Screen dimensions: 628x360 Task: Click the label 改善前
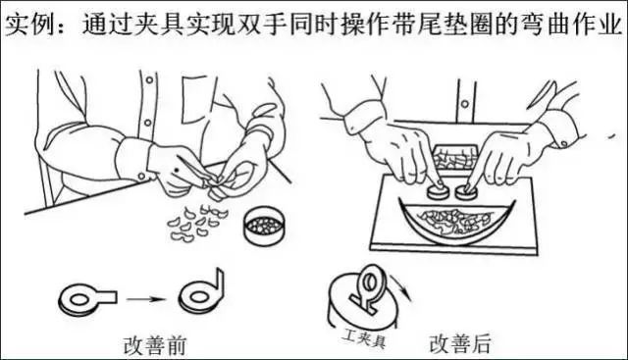[x=155, y=345]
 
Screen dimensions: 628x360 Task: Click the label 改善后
[x=460, y=343]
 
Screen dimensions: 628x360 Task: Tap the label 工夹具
[x=364, y=338]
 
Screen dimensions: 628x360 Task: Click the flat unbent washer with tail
[x=87, y=299]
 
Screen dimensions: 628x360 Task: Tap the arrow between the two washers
[x=146, y=299]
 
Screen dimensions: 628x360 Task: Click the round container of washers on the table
[x=265, y=226]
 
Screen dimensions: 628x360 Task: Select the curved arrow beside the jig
[x=401, y=285]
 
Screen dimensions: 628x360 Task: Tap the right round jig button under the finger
[x=466, y=191]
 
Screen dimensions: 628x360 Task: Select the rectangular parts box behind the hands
[x=455, y=158]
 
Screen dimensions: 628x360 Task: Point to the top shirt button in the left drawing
[x=149, y=80]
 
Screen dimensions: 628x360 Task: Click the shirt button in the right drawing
[x=464, y=104]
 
